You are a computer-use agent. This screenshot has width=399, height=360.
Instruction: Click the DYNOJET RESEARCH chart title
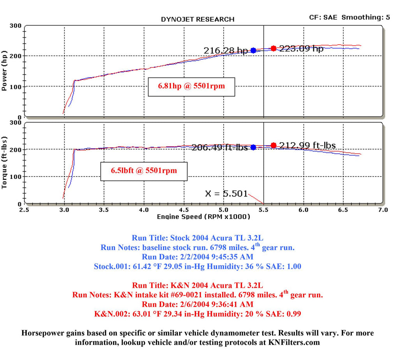pyautogui.click(x=198, y=19)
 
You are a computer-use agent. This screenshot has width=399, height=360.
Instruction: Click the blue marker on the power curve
pyautogui.click(x=253, y=50)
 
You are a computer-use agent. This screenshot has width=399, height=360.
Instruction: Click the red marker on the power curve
pyautogui.click(x=274, y=48)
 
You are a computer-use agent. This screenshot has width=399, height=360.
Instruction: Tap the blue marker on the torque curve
pyautogui.click(x=253, y=147)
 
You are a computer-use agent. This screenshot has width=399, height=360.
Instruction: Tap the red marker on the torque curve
pyautogui.click(x=274, y=145)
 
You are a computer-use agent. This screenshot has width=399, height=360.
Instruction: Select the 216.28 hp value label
pyautogui.click(x=226, y=51)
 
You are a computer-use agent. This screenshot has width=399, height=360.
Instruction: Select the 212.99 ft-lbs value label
pyautogui.click(x=307, y=146)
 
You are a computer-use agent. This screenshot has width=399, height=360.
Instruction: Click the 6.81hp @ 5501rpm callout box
pyautogui.click(x=191, y=86)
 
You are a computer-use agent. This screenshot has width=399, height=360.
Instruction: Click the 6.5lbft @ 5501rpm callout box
pyautogui.click(x=144, y=171)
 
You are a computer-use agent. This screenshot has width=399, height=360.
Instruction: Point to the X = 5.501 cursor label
pyautogui.click(x=226, y=193)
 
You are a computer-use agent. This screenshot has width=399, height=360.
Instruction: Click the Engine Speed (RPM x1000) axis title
pyautogui.click(x=203, y=217)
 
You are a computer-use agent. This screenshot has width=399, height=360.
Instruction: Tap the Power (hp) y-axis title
pyautogui.click(x=5, y=71)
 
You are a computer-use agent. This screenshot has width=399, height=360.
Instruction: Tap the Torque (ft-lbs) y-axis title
pyautogui.click(x=5, y=162)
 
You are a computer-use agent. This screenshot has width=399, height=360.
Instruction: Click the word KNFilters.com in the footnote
pyautogui.click(x=296, y=343)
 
